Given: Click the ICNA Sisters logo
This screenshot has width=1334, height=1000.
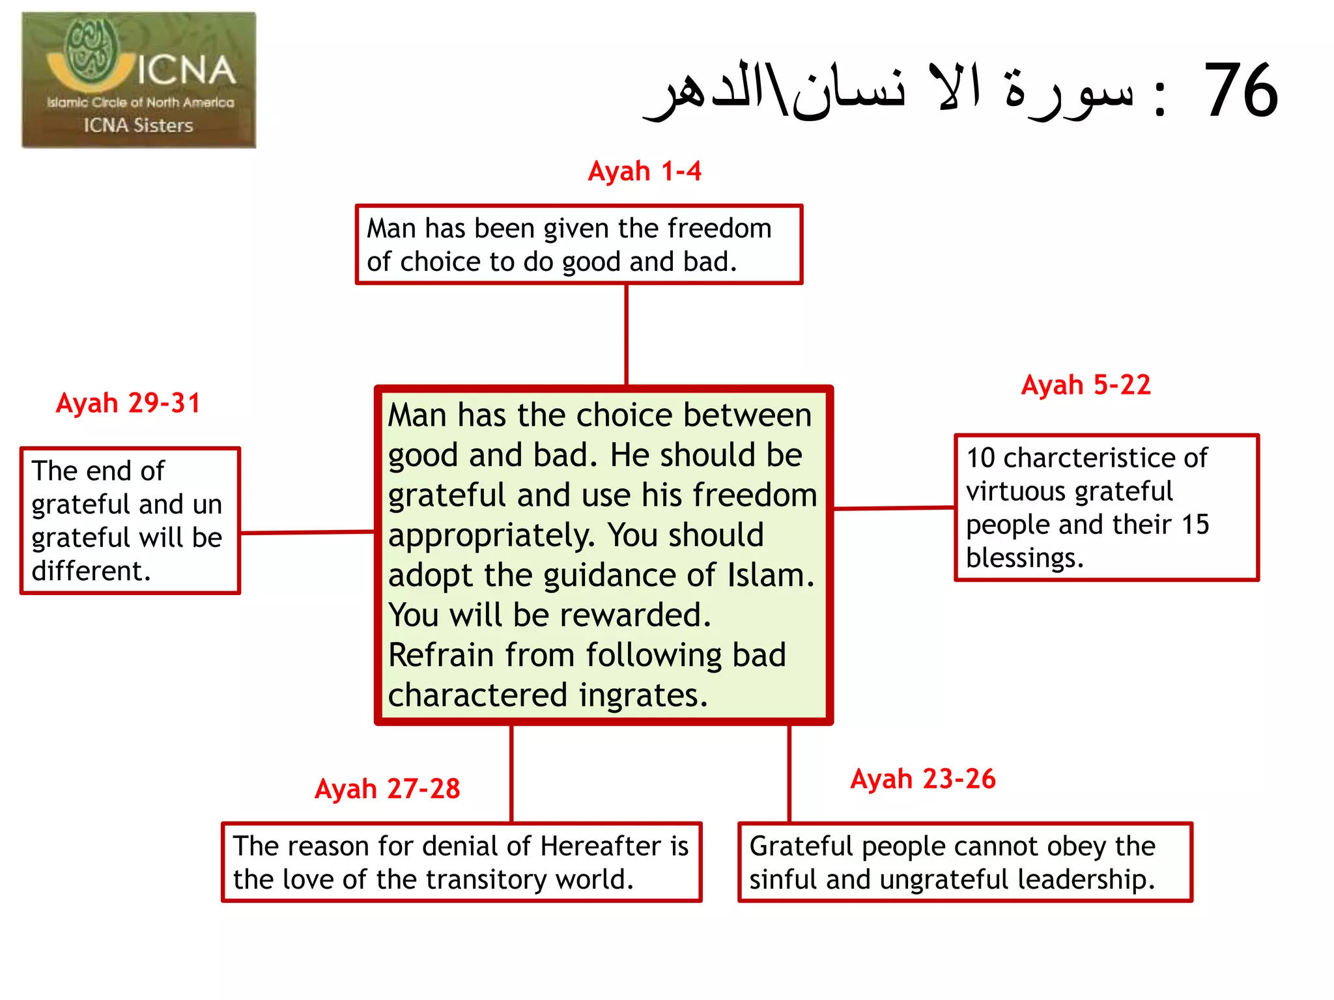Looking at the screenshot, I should pyautogui.click(x=139, y=80).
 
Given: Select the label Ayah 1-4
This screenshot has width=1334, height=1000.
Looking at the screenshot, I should pyautogui.click(x=644, y=171).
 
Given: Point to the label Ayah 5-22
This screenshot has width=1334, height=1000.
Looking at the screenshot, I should pyautogui.click(x=1086, y=385).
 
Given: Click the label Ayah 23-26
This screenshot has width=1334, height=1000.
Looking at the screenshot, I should pyautogui.click(x=923, y=779).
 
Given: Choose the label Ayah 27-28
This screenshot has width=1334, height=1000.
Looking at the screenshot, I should pyautogui.click(x=388, y=788).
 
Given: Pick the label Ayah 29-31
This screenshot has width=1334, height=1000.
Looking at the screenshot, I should pyautogui.click(x=128, y=403).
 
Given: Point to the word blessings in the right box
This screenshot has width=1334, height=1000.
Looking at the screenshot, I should pyautogui.click(x=1024, y=558).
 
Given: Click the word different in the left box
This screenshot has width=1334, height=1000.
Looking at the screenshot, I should pyautogui.click(x=91, y=571).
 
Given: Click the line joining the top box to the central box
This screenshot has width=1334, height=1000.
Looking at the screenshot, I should pyautogui.click(x=626, y=335).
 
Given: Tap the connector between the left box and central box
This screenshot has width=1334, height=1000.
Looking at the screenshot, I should pyautogui.click(x=307, y=533).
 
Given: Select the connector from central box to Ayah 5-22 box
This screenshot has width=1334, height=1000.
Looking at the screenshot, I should pyautogui.click(x=894, y=508).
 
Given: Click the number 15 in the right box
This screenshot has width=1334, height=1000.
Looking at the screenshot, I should pyautogui.click(x=1195, y=525).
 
